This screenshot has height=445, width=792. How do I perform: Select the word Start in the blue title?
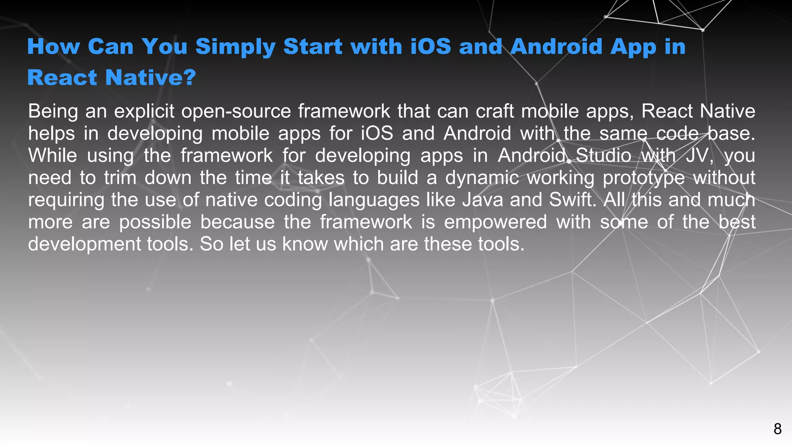point(313,47)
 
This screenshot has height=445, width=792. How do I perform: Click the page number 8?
point(777,429)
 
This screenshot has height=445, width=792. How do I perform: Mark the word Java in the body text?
point(483,200)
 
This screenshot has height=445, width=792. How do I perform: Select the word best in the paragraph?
point(737,222)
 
